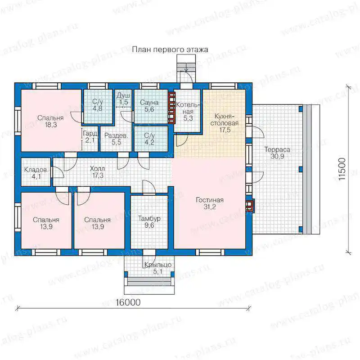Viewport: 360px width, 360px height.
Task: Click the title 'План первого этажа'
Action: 170,49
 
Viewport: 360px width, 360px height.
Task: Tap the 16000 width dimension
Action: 128,302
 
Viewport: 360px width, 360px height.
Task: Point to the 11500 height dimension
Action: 342,169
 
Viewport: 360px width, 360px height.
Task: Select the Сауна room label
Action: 149,106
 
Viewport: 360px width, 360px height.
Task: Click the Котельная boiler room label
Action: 188,112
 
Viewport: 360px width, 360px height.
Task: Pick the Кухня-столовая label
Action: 225,123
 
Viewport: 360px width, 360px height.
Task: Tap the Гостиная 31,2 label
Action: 209,203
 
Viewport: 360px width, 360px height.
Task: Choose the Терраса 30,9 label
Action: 277,153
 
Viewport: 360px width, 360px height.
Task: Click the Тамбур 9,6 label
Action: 149,222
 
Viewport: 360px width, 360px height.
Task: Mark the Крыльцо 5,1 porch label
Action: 158,268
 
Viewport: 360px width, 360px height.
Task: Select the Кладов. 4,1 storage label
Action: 36,173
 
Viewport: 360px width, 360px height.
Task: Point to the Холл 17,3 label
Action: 98,172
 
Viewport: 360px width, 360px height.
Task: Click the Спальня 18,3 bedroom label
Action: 50,121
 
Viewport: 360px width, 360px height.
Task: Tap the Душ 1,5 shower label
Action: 123,99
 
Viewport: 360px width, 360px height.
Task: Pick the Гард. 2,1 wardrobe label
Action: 90,137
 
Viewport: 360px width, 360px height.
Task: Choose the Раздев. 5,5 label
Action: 116,139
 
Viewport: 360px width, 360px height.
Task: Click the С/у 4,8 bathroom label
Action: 98,105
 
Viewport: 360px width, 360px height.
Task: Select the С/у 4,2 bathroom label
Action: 149,139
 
